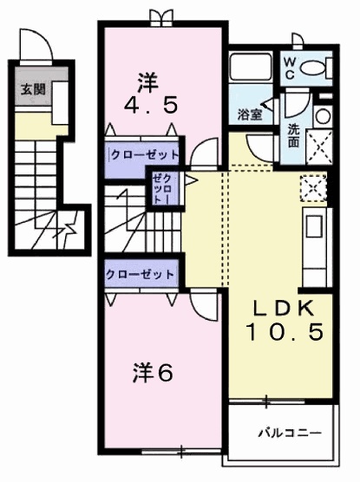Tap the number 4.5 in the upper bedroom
[x=146, y=106]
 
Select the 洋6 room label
[x=154, y=374]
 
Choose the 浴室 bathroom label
[x=251, y=114]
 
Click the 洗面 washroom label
[x=295, y=136]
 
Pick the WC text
[x=291, y=66]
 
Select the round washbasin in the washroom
[x=322, y=116]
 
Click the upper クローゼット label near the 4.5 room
[x=144, y=155]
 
